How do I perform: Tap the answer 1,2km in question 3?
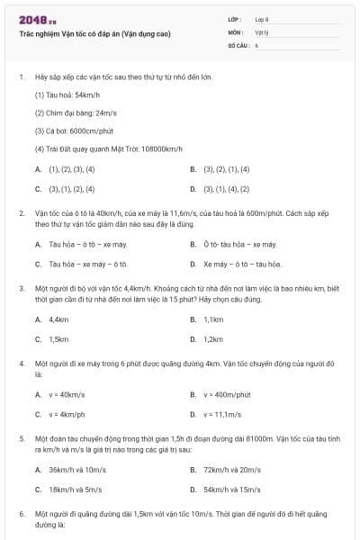[213, 339]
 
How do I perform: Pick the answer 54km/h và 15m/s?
[232, 489]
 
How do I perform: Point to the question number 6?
[21, 512]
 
